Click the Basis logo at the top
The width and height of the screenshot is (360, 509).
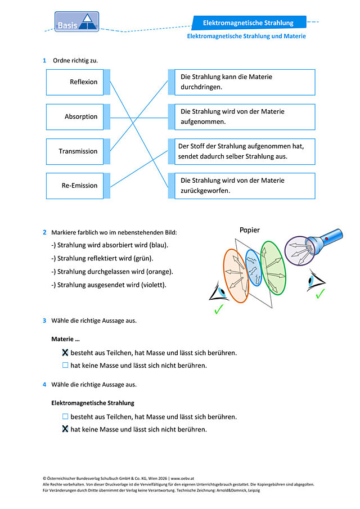(x=76, y=22)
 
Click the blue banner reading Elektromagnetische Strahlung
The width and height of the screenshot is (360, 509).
(x=249, y=22)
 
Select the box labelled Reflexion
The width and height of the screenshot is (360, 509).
(x=75, y=82)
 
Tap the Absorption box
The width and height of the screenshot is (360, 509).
(x=75, y=117)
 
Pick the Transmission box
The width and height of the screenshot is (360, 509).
(x=75, y=152)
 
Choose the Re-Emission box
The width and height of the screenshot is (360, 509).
(x=75, y=186)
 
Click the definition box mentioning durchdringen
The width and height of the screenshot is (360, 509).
(x=245, y=82)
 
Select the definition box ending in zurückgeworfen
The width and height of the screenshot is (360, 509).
(x=245, y=186)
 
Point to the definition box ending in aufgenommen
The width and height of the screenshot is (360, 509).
(x=245, y=117)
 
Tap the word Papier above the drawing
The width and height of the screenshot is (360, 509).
(x=250, y=230)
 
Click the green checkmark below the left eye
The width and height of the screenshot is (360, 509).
(x=219, y=309)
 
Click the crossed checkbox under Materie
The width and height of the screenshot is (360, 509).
(x=65, y=353)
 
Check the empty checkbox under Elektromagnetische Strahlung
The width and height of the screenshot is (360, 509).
(x=65, y=416)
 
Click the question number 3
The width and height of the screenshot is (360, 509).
(x=44, y=321)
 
